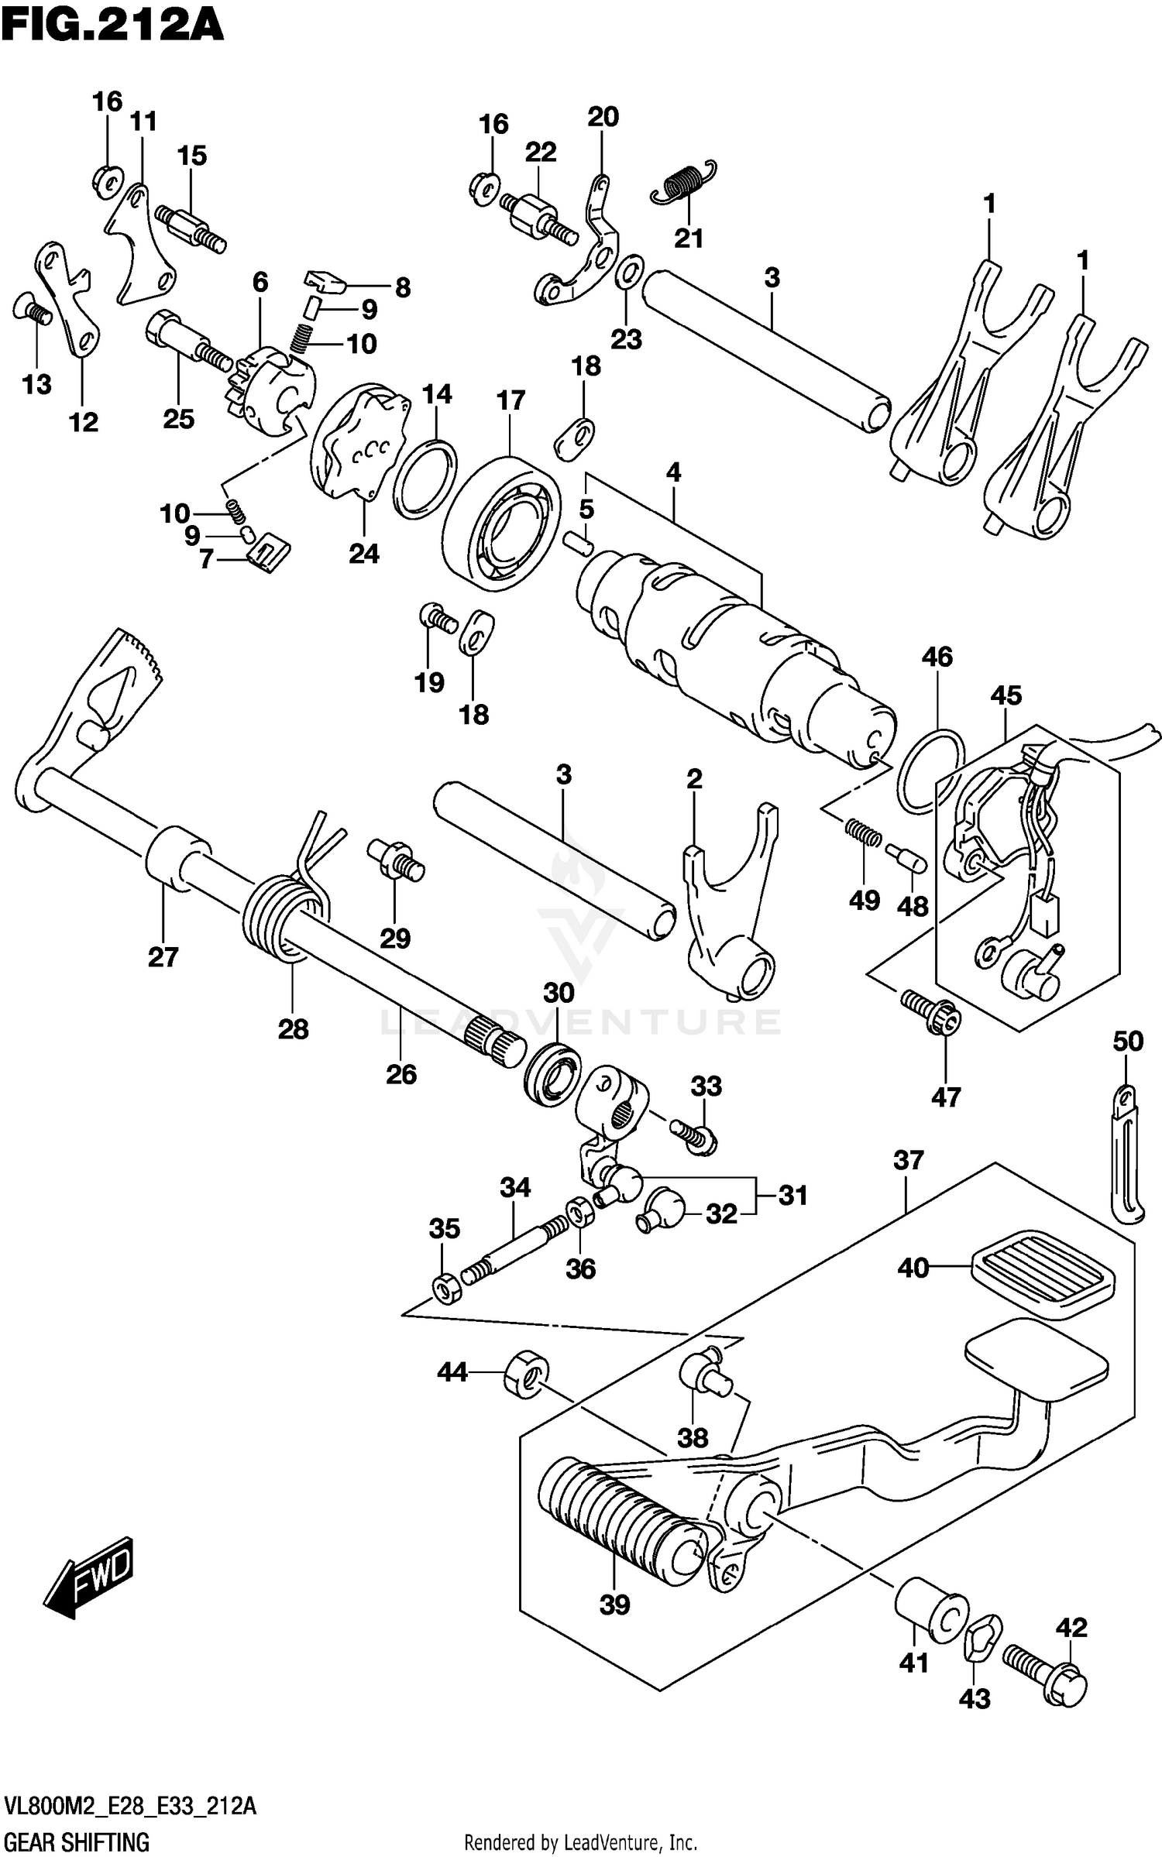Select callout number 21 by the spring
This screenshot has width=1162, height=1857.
click(688, 238)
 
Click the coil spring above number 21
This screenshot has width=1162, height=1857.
click(684, 183)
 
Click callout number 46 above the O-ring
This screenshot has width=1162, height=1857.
click(937, 657)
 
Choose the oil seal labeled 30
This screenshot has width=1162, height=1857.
click(553, 1073)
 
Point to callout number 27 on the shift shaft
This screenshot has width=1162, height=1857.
click(163, 957)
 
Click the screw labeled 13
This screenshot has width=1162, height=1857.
click(33, 312)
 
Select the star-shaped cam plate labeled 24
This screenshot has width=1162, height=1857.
click(360, 441)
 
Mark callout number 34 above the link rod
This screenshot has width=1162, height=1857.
click(515, 1187)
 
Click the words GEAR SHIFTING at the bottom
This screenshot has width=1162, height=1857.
click(77, 1842)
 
